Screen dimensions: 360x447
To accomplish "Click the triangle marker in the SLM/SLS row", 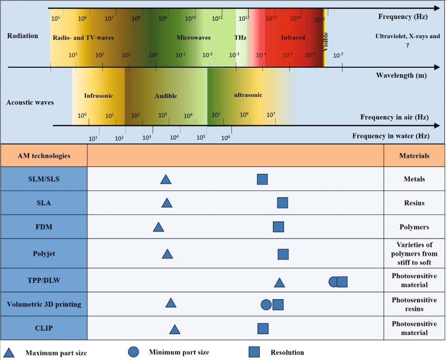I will point(165,179).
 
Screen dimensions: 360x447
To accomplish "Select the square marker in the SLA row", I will point(282,203).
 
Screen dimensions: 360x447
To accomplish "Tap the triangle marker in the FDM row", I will point(158,227).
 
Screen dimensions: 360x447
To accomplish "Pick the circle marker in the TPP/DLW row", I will point(333,282).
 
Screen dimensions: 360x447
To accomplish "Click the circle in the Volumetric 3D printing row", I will point(266,305).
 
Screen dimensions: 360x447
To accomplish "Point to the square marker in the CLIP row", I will point(263,329).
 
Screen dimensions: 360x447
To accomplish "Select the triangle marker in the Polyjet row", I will point(167,254).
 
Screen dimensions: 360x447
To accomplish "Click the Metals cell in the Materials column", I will point(414,179).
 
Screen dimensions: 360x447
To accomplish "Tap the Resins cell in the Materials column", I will point(414,203).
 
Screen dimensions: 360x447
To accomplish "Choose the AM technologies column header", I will point(44,156).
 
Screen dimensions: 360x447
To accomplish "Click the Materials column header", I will point(414,156).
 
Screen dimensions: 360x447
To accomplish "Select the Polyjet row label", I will point(44,254).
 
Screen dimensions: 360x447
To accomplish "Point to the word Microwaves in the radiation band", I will point(193,38).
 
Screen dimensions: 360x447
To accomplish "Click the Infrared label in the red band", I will point(293,38).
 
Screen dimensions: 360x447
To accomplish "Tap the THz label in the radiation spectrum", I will point(241,38).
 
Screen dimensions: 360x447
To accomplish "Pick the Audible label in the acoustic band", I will point(166,96).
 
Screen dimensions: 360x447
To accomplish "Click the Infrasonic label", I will point(99,95).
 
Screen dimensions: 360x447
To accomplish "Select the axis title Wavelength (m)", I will point(401,75).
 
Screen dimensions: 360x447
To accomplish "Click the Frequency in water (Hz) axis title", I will point(391,136).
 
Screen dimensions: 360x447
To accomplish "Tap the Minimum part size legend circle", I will point(134,352).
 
